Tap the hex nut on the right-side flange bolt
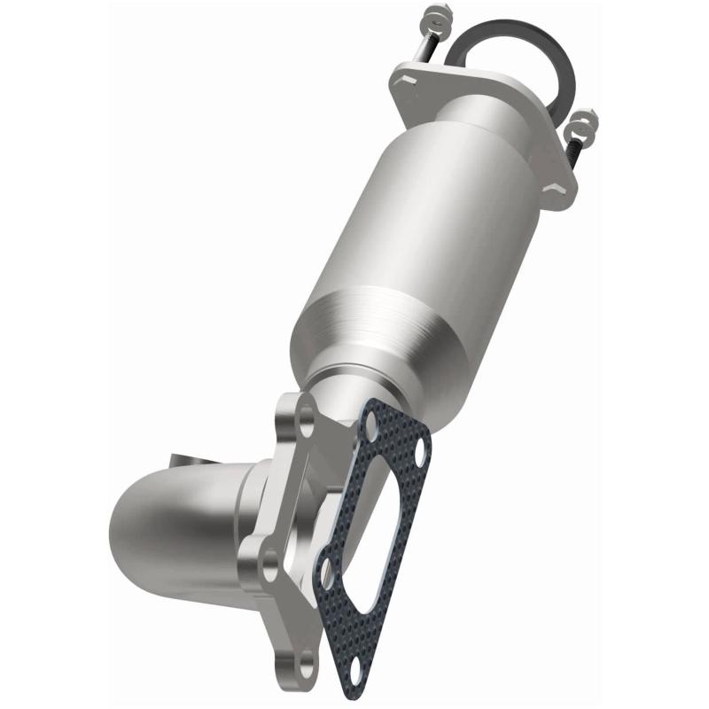point(585,120)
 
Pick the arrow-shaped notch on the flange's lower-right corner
point(557,188)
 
